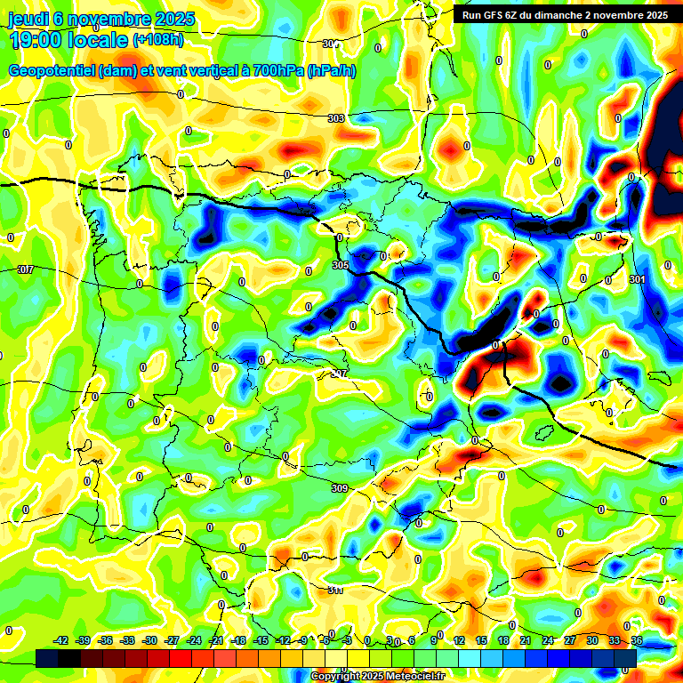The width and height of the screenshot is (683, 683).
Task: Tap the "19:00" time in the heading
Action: [39, 39]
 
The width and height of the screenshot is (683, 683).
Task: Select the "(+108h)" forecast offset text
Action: [158, 39]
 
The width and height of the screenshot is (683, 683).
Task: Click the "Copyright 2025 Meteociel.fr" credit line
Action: [377, 677]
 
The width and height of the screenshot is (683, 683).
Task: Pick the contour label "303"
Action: [335, 118]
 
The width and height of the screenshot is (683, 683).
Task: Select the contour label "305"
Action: [339, 265]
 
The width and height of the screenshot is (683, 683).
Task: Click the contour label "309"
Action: [339, 488]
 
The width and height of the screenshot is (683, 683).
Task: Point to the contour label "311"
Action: [335, 590]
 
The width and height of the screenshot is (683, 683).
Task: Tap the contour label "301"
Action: [636, 280]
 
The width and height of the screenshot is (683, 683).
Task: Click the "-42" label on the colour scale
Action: [61, 640]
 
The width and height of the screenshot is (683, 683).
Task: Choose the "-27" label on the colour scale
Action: [172, 640]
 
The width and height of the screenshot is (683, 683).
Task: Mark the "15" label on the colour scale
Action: [480, 640]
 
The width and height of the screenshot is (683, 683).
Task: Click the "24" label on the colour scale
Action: [547, 640]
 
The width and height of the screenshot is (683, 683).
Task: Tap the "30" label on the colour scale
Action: [592, 640]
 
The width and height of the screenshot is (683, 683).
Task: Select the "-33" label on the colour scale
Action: [127, 640]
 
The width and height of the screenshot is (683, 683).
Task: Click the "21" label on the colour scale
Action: [525, 640]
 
